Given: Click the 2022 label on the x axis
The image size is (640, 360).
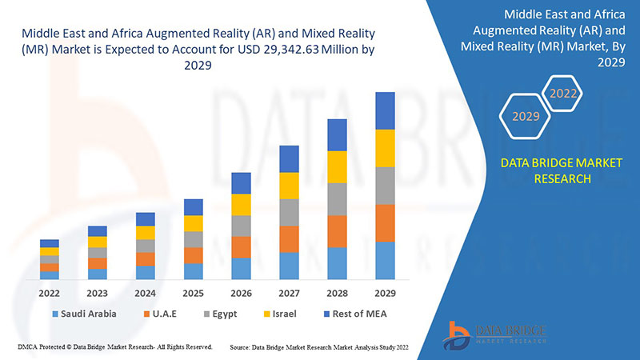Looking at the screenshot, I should pos(49,293).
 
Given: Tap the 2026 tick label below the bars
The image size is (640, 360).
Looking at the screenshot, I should pos(241,293).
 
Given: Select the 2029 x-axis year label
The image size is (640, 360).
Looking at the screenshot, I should pos(385,293).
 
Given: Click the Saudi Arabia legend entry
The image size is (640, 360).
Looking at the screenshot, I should pos(84,314).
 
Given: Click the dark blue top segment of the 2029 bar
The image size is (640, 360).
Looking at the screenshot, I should pos(385,110).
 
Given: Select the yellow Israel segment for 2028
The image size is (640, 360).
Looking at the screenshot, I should pos(337,166).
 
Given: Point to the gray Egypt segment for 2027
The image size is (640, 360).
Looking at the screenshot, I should pos(289,212).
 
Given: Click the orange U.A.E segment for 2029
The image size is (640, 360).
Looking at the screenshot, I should pos(385,222).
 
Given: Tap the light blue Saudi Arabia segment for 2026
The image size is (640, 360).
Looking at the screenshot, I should pos(241,268).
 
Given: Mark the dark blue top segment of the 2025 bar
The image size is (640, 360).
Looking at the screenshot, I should pos(193,207).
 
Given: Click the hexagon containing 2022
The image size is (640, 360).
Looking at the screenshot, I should pos(562,94).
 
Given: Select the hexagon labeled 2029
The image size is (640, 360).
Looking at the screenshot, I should pos(526,117).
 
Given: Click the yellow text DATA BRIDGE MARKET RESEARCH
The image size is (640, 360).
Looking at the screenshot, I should pos(550,171).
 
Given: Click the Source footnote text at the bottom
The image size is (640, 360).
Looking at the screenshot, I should pos(325,348).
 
